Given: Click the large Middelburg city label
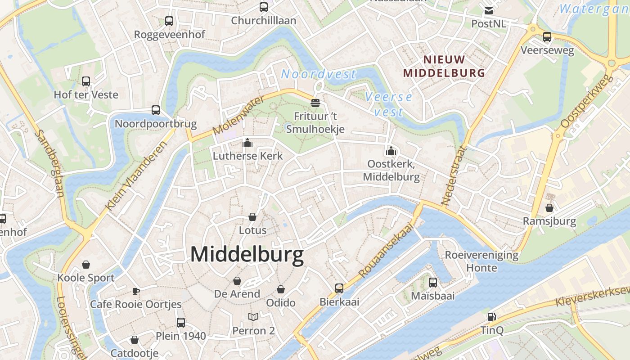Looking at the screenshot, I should [x=247, y=255].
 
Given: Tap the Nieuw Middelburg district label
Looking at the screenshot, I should [x=444, y=66].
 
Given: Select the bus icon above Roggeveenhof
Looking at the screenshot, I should [x=169, y=21].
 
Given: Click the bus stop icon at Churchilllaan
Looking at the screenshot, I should [x=264, y=7].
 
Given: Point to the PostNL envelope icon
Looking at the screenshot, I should [x=488, y=11].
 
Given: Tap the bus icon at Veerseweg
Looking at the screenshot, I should [x=547, y=37].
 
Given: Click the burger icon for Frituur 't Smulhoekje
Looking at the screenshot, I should [x=315, y=103].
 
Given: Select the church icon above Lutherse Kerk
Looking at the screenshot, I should [x=247, y=143].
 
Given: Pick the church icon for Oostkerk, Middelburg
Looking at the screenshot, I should [x=391, y=151].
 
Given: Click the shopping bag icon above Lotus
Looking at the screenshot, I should [x=252, y=217].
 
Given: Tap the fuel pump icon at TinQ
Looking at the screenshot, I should [x=492, y=317].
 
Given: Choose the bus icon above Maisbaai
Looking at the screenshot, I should [x=433, y=283].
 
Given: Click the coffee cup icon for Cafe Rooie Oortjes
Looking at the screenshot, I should [x=136, y=291].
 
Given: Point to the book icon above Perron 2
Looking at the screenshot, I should [x=253, y=317].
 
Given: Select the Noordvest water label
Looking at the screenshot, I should [x=319, y=74].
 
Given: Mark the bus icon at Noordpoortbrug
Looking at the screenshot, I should [x=156, y=110].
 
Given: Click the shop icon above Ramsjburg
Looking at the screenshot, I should [x=549, y=208].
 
